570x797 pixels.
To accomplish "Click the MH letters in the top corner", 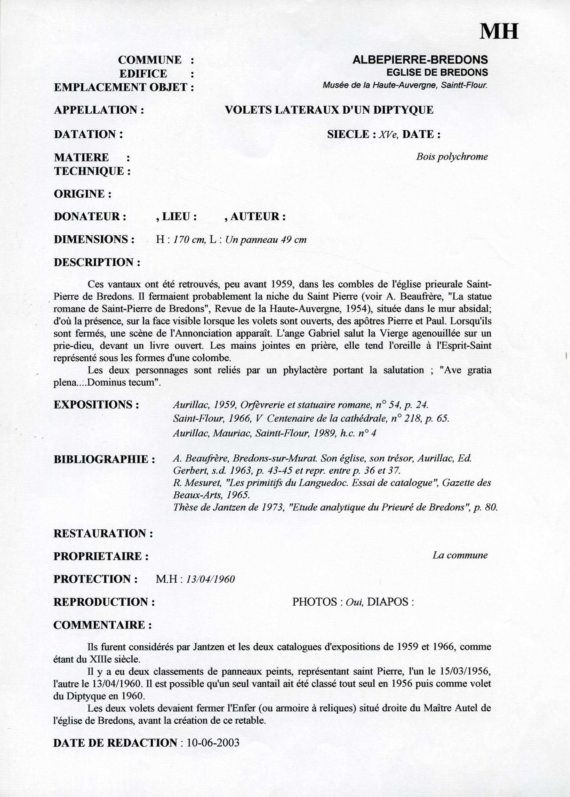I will click(x=499, y=31).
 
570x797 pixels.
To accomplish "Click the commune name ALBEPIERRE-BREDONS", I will click(x=420, y=60).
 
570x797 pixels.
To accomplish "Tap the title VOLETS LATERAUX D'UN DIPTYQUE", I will click(x=329, y=110).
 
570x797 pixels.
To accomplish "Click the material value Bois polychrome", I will click(x=452, y=157).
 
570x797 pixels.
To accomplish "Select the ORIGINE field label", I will click(x=82, y=194).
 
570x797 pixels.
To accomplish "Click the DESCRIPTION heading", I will click(x=97, y=263).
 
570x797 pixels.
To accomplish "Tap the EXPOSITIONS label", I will click(x=96, y=405).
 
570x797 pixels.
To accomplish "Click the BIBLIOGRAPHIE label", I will click(x=104, y=459).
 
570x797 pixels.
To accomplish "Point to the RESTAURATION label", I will click(x=103, y=534).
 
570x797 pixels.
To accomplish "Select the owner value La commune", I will click(x=460, y=556).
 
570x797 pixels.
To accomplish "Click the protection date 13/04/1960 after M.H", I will click(x=208, y=579).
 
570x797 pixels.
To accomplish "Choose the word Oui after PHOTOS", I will click(x=353, y=602).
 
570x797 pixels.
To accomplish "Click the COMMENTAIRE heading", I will click(x=102, y=625).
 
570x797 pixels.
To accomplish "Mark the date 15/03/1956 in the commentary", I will click(x=465, y=671).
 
